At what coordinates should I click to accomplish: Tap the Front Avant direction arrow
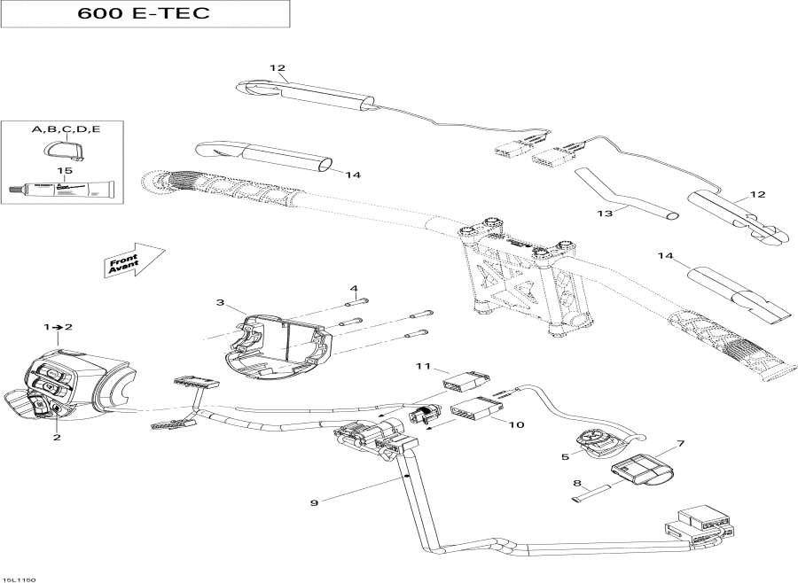coord(134,261)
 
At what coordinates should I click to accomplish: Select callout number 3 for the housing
coord(220,302)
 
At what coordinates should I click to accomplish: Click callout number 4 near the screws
coord(353,288)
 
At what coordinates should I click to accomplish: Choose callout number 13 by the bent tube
coord(606,214)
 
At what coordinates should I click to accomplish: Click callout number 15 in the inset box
coord(63,170)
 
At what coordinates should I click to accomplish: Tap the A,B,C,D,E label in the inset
coord(66,129)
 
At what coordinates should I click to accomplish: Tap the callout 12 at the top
coord(278,67)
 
